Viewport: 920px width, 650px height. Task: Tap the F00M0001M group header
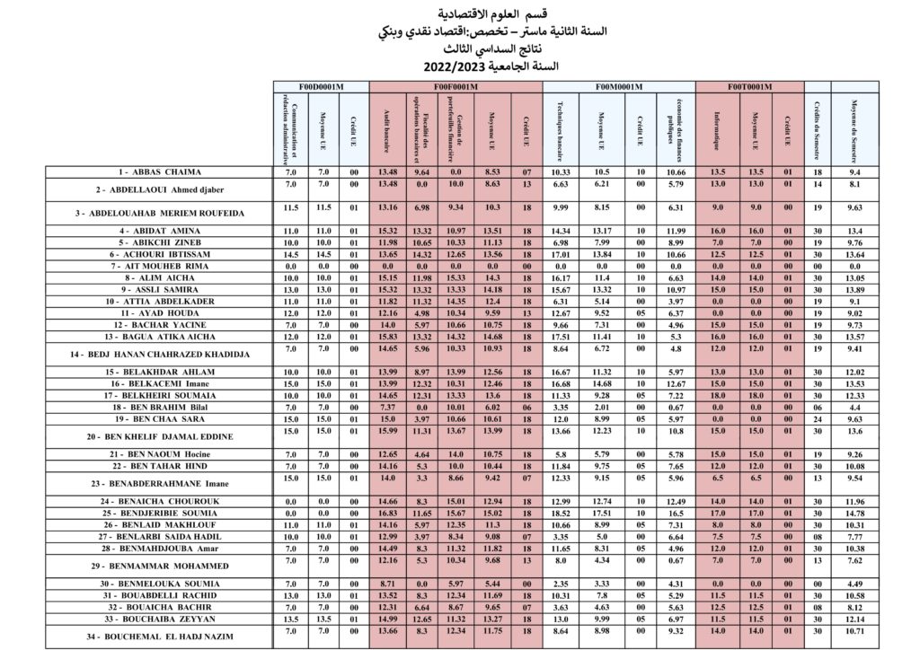pos(620,85)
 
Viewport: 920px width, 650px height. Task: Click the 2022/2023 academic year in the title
pos(458,66)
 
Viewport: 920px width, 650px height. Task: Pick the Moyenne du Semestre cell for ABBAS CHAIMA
pos(856,171)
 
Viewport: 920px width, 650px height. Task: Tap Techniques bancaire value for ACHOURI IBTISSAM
pos(562,254)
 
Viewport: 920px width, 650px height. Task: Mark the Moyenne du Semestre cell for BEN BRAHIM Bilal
pos(856,407)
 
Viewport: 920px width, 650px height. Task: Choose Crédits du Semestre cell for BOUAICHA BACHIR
pos(816,607)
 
